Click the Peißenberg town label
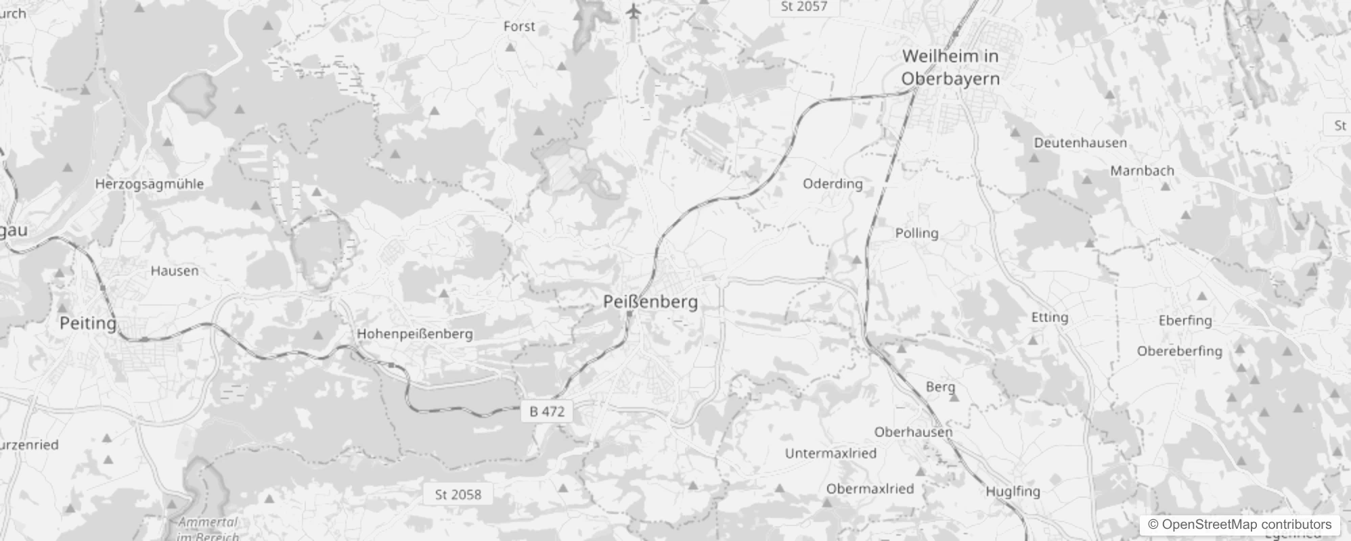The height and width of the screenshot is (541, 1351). (x=650, y=302)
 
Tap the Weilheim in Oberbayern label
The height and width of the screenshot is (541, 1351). (x=950, y=67)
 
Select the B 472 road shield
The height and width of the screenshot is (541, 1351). (x=547, y=411)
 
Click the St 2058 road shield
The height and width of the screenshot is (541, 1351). (x=458, y=494)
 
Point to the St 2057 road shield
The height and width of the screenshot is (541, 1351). (x=803, y=7)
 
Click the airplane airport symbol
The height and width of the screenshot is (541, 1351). (x=633, y=11)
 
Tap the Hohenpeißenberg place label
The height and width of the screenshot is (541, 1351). (x=415, y=333)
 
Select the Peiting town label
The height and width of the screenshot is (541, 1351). (x=88, y=323)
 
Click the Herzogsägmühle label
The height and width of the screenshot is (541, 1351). (x=149, y=184)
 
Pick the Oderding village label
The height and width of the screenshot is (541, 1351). (x=833, y=184)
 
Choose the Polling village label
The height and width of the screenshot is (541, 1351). (x=916, y=233)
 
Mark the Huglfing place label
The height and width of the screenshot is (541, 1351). (x=1013, y=492)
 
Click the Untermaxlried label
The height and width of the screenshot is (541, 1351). (x=830, y=453)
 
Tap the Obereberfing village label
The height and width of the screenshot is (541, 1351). (x=1179, y=351)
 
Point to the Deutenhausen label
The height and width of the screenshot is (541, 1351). (x=1080, y=143)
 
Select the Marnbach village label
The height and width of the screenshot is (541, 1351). (x=1142, y=171)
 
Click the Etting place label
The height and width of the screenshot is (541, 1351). (x=1049, y=317)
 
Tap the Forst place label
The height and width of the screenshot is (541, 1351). (x=519, y=26)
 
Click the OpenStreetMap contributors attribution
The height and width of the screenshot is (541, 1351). (x=1239, y=525)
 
